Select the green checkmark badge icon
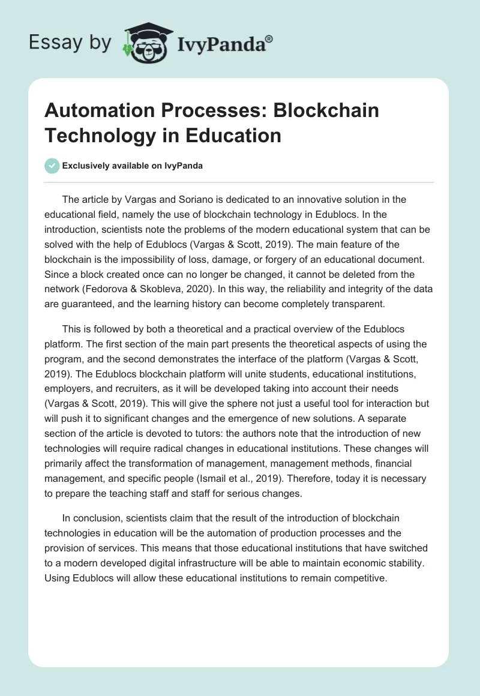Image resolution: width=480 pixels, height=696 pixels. click(52, 166)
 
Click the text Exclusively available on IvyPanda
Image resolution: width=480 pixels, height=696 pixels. click(133, 166)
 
